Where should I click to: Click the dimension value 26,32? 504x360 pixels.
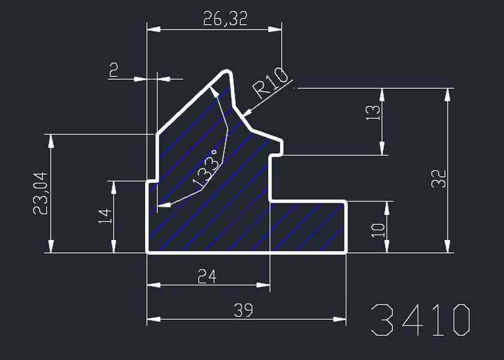coord(226,19)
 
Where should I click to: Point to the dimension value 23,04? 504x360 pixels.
coord(41,193)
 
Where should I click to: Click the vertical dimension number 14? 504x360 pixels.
coord(105,216)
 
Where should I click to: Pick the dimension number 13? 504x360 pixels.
coord(373,113)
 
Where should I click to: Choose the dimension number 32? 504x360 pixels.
coord(439,179)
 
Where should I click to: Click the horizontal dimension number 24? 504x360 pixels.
coord(208,276)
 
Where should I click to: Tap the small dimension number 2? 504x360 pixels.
coord(114,70)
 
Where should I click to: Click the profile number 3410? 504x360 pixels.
coord(421,320)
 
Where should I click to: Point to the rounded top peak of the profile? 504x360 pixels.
coord(227,71)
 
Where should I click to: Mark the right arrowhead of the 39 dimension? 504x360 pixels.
coord(340,319)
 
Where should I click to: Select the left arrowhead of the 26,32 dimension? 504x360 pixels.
coord(154,29)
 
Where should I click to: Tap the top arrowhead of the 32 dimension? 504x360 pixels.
coord(447,95)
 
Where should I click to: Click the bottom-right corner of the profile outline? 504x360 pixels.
coord(346,253)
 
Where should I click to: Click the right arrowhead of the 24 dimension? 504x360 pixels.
coord(263,285)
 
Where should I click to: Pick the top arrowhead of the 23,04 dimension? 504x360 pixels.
coord(51,141)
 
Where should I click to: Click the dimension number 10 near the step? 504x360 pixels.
coord(378,230)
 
